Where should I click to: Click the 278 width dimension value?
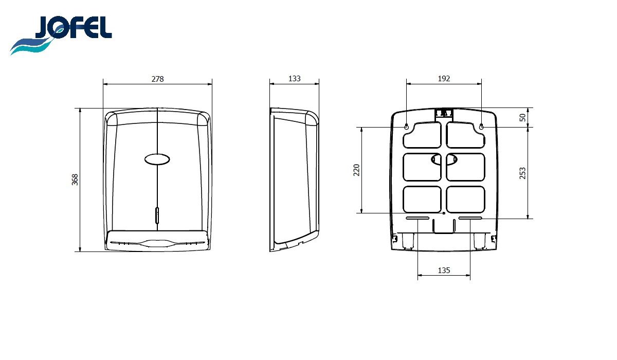[x=157, y=79]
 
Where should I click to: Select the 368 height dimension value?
[x=75, y=179]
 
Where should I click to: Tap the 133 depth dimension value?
[x=295, y=79]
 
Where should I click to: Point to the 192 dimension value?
[x=444, y=79]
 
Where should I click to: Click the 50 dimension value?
[x=522, y=118]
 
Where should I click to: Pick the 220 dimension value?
[x=357, y=170]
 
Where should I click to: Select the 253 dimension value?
[x=522, y=173]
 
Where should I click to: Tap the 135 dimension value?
[x=444, y=271]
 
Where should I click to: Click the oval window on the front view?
[x=157, y=159]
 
